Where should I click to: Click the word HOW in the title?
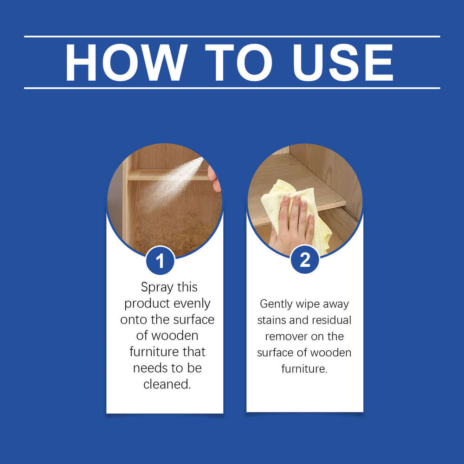point(126,63)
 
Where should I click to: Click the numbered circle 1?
point(160,261)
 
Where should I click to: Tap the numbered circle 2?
point(305,260)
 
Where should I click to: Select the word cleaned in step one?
point(166,384)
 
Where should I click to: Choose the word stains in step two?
point(272,320)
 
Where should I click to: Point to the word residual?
point(330,320)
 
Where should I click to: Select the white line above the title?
point(232,36)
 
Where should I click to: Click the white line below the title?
point(232,88)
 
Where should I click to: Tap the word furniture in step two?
point(303,369)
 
